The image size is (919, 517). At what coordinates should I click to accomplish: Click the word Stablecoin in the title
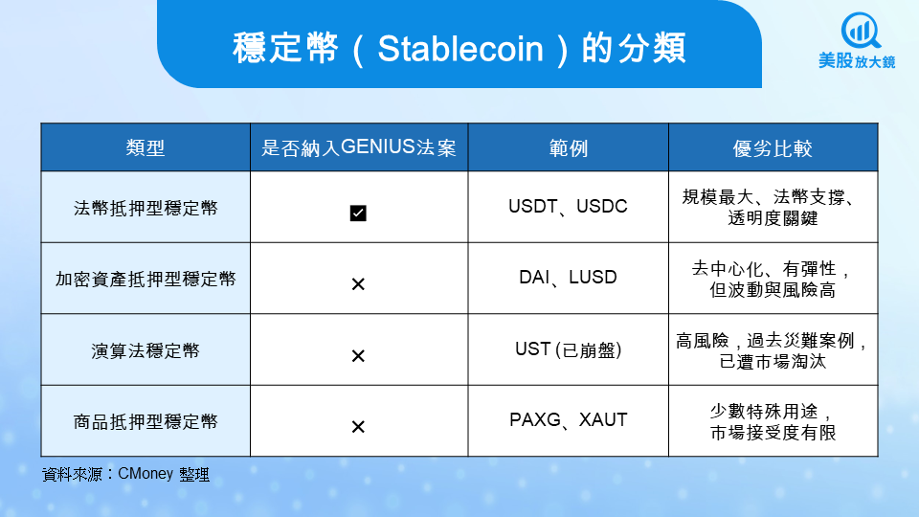pyautogui.click(x=460, y=48)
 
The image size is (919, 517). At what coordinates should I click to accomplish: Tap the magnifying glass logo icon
pyautogui.click(x=860, y=31)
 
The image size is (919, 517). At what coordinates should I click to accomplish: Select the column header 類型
pyautogui.click(x=146, y=147)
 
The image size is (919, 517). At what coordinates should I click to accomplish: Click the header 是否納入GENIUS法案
pyautogui.click(x=359, y=147)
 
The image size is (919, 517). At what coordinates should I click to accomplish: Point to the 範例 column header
pyautogui.click(x=568, y=147)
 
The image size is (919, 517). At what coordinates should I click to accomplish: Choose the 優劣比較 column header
pyautogui.click(x=773, y=147)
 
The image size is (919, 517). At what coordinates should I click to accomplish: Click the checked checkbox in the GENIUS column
pyautogui.click(x=358, y=213)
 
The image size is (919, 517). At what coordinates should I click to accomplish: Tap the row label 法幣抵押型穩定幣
pyautogui.click(x=146, y=208)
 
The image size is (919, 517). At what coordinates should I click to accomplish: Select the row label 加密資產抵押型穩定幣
pyautogui.click(x=146, y=279)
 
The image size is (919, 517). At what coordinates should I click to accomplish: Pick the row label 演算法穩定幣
pyautogui.click(x=146, y=350)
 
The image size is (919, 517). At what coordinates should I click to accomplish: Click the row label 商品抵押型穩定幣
pyautogui.click(x=146, y=421)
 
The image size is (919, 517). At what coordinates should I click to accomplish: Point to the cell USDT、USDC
pyautogui.click(x=568, y=207)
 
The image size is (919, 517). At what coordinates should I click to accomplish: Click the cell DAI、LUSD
pyautogui.click(x=568, y=278)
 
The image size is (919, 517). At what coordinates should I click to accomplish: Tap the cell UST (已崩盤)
pyautogui.click(x=568, y=349)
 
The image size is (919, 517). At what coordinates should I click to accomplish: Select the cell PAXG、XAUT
pyautogui.click(x=568, y=420)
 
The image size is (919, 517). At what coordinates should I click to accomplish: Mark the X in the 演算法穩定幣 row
pyautogui.click(x=358, y=356)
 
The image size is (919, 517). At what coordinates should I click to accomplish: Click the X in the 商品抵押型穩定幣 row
pyautogui.click(x=358, y=427)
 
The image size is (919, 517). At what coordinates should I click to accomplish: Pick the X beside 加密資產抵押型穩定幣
pyautogui.click(x=358, y=284)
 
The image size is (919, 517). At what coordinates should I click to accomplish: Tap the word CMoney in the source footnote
pyautogui.click(x=146, y=474)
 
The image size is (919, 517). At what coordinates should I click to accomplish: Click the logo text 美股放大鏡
pyautogui.click(x=857, y=61)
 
